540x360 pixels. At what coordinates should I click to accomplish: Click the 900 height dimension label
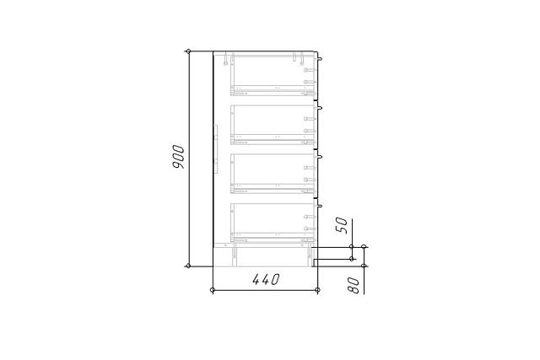[x=178, y=157]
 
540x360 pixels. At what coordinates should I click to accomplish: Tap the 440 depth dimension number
[x=266, y=279]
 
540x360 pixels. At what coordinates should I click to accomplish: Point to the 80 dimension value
[x=354, y=285]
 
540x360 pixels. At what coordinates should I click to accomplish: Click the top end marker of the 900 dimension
[x=188, y=51]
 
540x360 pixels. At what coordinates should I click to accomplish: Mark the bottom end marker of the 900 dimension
[x=188, y=266]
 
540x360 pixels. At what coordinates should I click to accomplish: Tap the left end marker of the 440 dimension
[x=213, y=290]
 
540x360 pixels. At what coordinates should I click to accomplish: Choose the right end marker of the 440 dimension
[x=317, y=290]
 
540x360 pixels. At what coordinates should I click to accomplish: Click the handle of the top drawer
[x=320, y=58]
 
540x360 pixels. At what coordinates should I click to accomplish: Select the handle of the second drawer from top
[x=320, y=108]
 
